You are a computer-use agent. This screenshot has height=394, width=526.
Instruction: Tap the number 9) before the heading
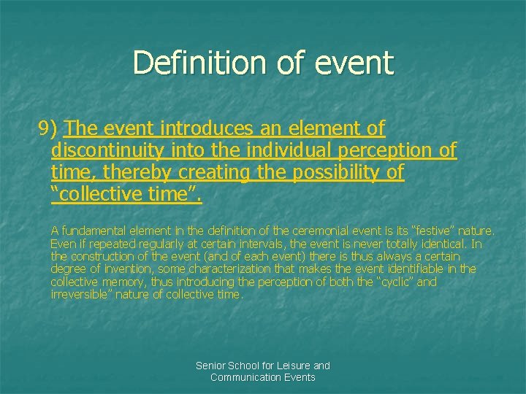tap(50, 129)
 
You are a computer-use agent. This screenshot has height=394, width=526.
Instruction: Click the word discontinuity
tap(108, 151)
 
